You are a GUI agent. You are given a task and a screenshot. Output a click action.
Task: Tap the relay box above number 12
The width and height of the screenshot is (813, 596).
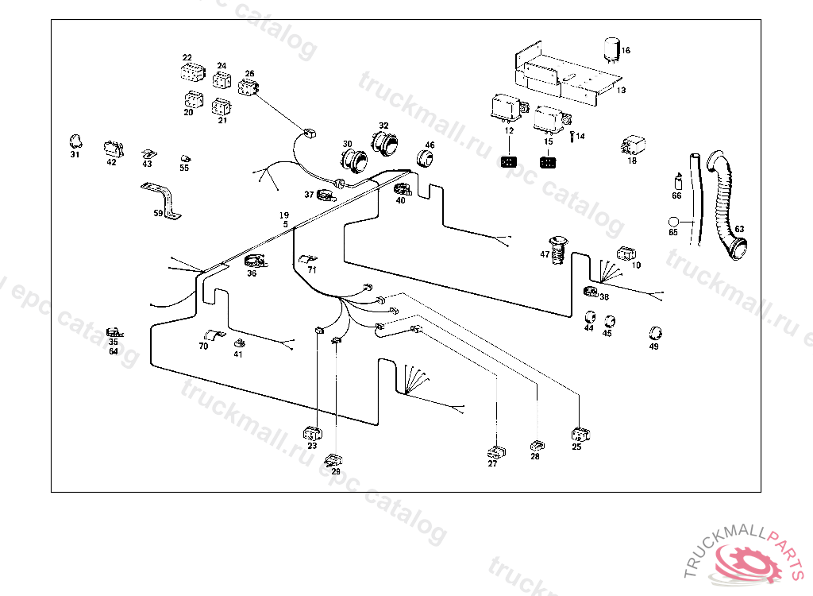coord(506,107)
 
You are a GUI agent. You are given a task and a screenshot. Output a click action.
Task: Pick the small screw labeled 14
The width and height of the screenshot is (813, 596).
coord(571,136)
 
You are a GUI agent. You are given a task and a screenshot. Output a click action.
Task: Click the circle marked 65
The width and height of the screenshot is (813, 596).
coord(674,222)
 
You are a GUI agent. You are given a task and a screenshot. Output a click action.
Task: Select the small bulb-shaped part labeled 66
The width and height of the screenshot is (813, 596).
coord(677,180)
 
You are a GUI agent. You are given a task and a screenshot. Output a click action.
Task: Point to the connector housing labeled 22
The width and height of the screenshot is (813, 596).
coord(187,72)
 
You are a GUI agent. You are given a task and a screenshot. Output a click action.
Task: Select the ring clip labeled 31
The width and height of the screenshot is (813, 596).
coord(76,141)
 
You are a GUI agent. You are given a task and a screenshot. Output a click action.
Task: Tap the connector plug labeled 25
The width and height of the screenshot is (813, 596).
coord(580,435)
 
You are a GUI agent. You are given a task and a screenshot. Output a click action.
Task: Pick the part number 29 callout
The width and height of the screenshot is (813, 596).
coord(336,472)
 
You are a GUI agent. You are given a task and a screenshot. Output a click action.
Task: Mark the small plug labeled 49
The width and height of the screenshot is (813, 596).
coord(656,332)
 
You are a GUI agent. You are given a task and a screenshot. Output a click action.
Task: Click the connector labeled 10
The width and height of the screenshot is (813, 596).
coord(626,254)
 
